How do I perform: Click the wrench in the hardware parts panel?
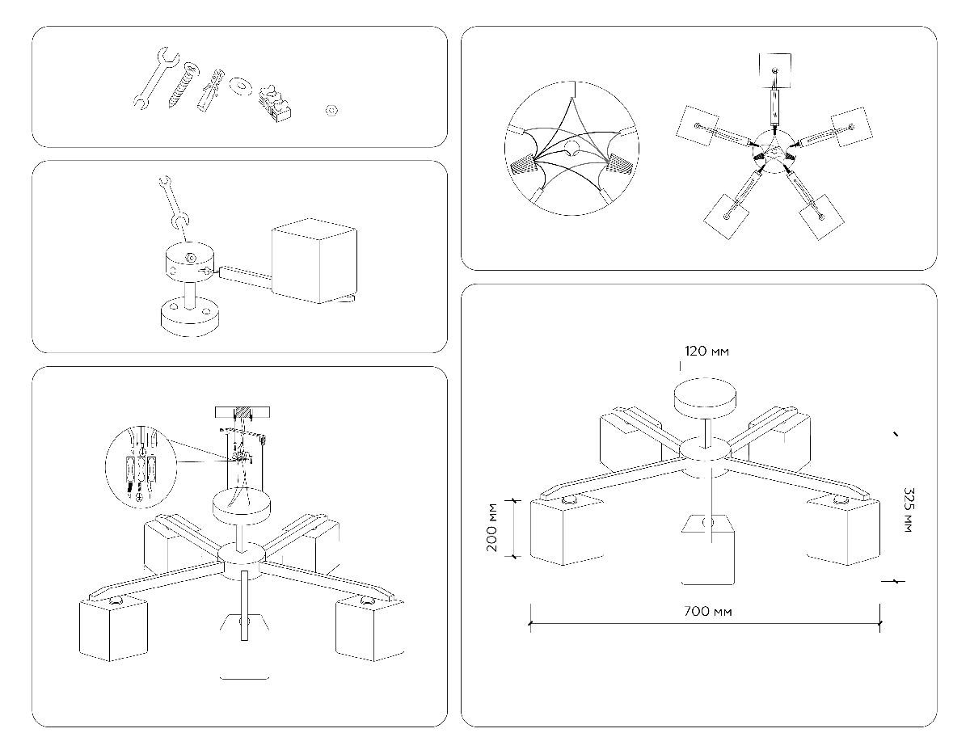click(x=154, y=78)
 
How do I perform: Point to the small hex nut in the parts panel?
click(x=330, y=110)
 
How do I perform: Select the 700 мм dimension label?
click(x=707, y=611)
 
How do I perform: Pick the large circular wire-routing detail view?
click(x=571, y=148)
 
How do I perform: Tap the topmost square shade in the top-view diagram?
click(x=775, y=70)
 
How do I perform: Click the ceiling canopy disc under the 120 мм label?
click(x=706, y=398)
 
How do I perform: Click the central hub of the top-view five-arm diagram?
click(x=772, y=150)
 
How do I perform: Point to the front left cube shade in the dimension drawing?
click(x=566, y=530)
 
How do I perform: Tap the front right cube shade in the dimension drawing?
click(x=842, y=530)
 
